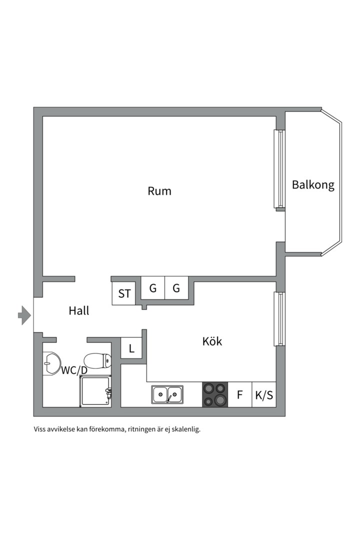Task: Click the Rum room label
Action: (159, 191)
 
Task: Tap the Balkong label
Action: (313, 185)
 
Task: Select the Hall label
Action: (79, 310)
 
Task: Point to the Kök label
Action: (212, 341)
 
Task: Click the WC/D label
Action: (74, 370)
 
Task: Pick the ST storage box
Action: (123, 293)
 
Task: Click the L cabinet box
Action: (131, 348)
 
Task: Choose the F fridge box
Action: (240, 394)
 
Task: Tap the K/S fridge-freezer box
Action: (264, 394)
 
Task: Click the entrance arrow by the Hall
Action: (24, 315)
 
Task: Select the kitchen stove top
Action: (214, 394)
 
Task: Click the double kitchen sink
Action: (167, 394)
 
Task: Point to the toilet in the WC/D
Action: (98, 361)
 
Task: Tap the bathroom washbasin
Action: (51, 363)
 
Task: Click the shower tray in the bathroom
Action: (95, 391)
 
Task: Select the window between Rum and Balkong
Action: (279, 169)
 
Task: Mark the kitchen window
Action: (279, 319)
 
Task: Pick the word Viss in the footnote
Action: (39, 429)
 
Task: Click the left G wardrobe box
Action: (153, 288)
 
